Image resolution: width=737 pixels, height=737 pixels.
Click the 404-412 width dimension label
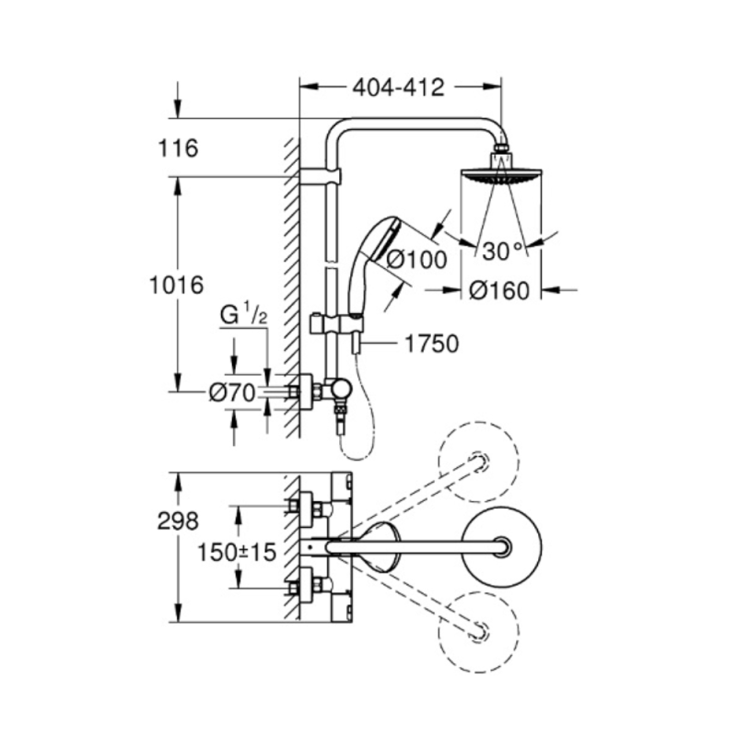[398, 88]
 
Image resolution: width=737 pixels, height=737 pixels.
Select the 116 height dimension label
[179, 147]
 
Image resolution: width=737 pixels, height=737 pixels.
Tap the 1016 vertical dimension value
[175, 285]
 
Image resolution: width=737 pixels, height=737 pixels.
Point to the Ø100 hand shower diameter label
[415, 260]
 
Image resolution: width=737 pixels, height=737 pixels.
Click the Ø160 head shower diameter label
[498, 291]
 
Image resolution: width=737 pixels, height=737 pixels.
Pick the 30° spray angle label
[502, 250]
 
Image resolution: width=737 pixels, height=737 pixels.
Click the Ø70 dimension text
[231, 392]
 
